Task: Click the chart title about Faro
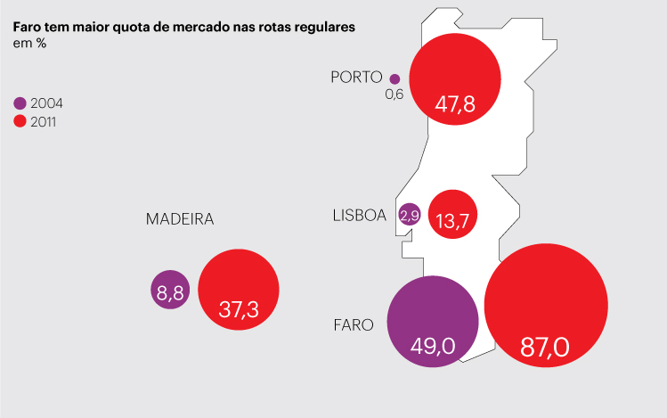point(183,28)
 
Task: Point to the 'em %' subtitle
point(29,44)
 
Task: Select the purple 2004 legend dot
point(20,102)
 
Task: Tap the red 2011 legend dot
point(20,121)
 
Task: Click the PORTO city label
point(356,78)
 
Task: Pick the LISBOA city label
point(359,215)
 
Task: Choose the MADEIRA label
point(180,219)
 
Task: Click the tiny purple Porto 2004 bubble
point(395,78)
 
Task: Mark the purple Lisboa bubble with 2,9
point(410,216)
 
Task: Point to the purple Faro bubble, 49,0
point(434,319)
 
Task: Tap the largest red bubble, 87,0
point(546,304)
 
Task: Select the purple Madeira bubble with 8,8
point(170,290)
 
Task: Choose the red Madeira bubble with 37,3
point(239,290)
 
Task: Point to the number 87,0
point(545,347)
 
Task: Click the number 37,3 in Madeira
point(239,310)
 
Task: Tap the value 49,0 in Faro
point(434,345)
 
